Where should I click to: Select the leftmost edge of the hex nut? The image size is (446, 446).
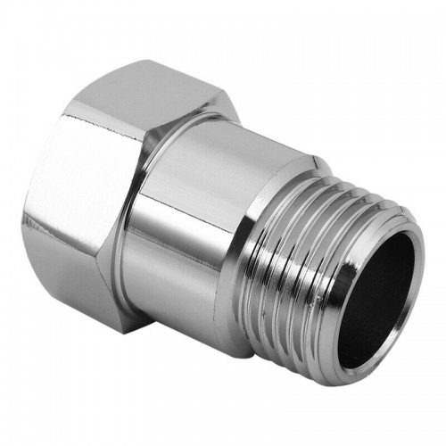coord(25,210)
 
